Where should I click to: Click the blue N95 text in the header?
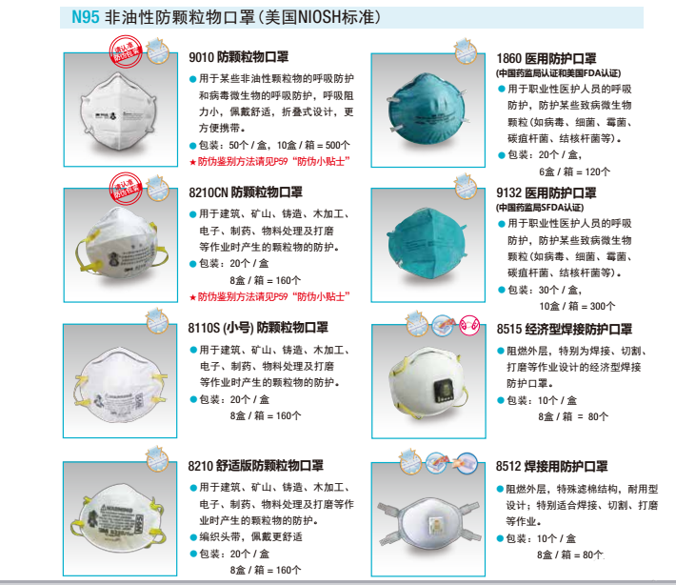point(86,17)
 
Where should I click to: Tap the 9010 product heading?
point(238,57)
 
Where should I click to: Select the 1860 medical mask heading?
point(547,58)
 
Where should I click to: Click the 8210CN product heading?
point(246,192)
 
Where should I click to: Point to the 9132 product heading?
point(547,192)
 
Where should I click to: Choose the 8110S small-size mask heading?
point(258,328)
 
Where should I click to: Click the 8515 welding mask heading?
point(565,329)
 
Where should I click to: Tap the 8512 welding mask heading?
point(552,466)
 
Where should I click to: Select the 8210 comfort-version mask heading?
point(256,466)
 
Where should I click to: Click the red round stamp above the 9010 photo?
point(126,51)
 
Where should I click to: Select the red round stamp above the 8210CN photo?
point(126,188)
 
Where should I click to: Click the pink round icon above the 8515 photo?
point(469,325)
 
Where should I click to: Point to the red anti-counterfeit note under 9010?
point(269,162)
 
